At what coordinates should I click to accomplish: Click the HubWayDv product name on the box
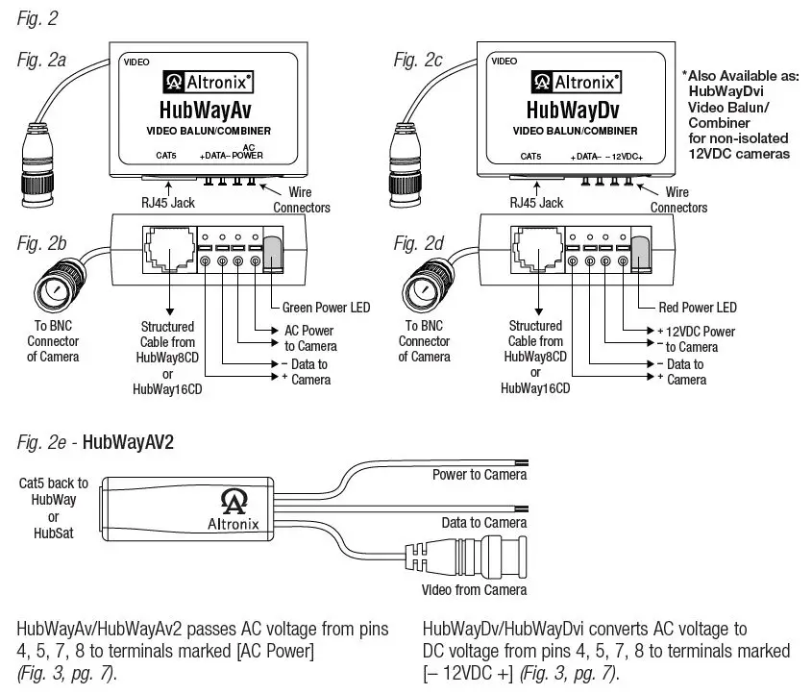(x=575, y=110)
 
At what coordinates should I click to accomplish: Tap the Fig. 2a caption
(x=41, y=60)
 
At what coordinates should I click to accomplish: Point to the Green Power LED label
(x=326, y=308)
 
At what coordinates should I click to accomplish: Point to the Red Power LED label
(x=699, y=308)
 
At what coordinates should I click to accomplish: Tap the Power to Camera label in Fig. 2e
(x=479, y=475)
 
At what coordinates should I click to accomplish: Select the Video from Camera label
(x=473, y=589)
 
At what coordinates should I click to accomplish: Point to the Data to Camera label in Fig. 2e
(x=483, y=522)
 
